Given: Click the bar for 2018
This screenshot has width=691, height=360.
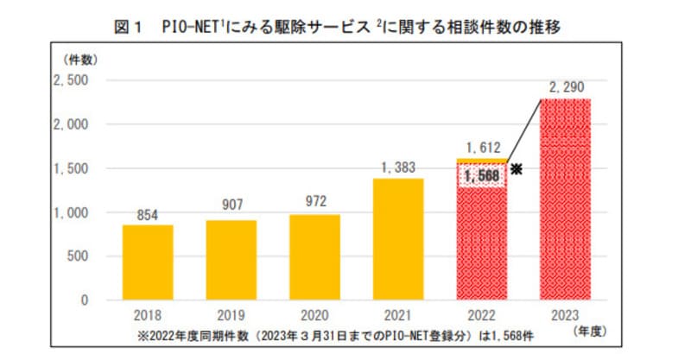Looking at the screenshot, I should click(147, 262).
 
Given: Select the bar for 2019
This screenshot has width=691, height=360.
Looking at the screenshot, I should click(231, 260).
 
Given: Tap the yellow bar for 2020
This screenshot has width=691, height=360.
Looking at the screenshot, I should click(315, 257).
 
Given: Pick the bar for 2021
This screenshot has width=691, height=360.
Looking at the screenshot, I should click(399, 239).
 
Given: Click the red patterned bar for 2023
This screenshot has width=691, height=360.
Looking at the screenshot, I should click(567, 199).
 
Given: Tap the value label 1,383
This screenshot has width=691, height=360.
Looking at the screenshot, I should click(398, 167).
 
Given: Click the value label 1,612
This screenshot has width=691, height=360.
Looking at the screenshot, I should click(483, 147).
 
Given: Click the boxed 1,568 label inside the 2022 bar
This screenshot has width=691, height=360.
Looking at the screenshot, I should click(482, 176).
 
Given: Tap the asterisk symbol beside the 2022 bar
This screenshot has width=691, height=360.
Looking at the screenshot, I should click(517, 169).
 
